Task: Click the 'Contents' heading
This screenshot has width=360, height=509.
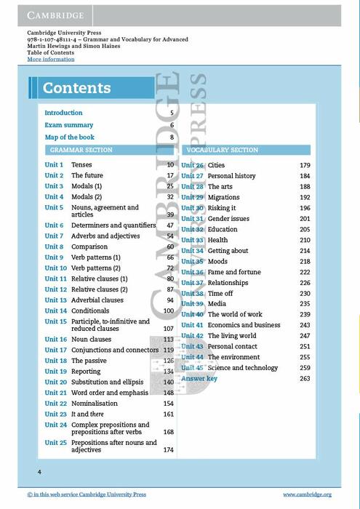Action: pos(76,89)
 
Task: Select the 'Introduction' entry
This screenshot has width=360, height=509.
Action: pos(63,113)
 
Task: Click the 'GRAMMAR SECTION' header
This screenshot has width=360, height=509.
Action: pos(81,150)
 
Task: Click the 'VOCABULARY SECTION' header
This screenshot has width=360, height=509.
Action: pos(222,150)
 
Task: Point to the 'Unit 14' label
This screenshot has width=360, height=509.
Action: pos(55,310)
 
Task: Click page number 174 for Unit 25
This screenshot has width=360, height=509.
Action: pos(169,450)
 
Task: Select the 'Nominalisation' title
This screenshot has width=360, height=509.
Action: pos(94,403)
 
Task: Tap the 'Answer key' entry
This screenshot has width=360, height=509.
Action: pos(199,379)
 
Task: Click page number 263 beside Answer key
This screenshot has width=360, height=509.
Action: pos(305,379)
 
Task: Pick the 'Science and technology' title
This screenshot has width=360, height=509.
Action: pos(242,368)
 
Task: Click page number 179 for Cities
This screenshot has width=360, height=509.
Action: pos(305,166)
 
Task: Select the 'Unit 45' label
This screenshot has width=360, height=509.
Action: pos(192,368)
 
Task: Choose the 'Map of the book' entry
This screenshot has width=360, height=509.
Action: pos(69,137)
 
